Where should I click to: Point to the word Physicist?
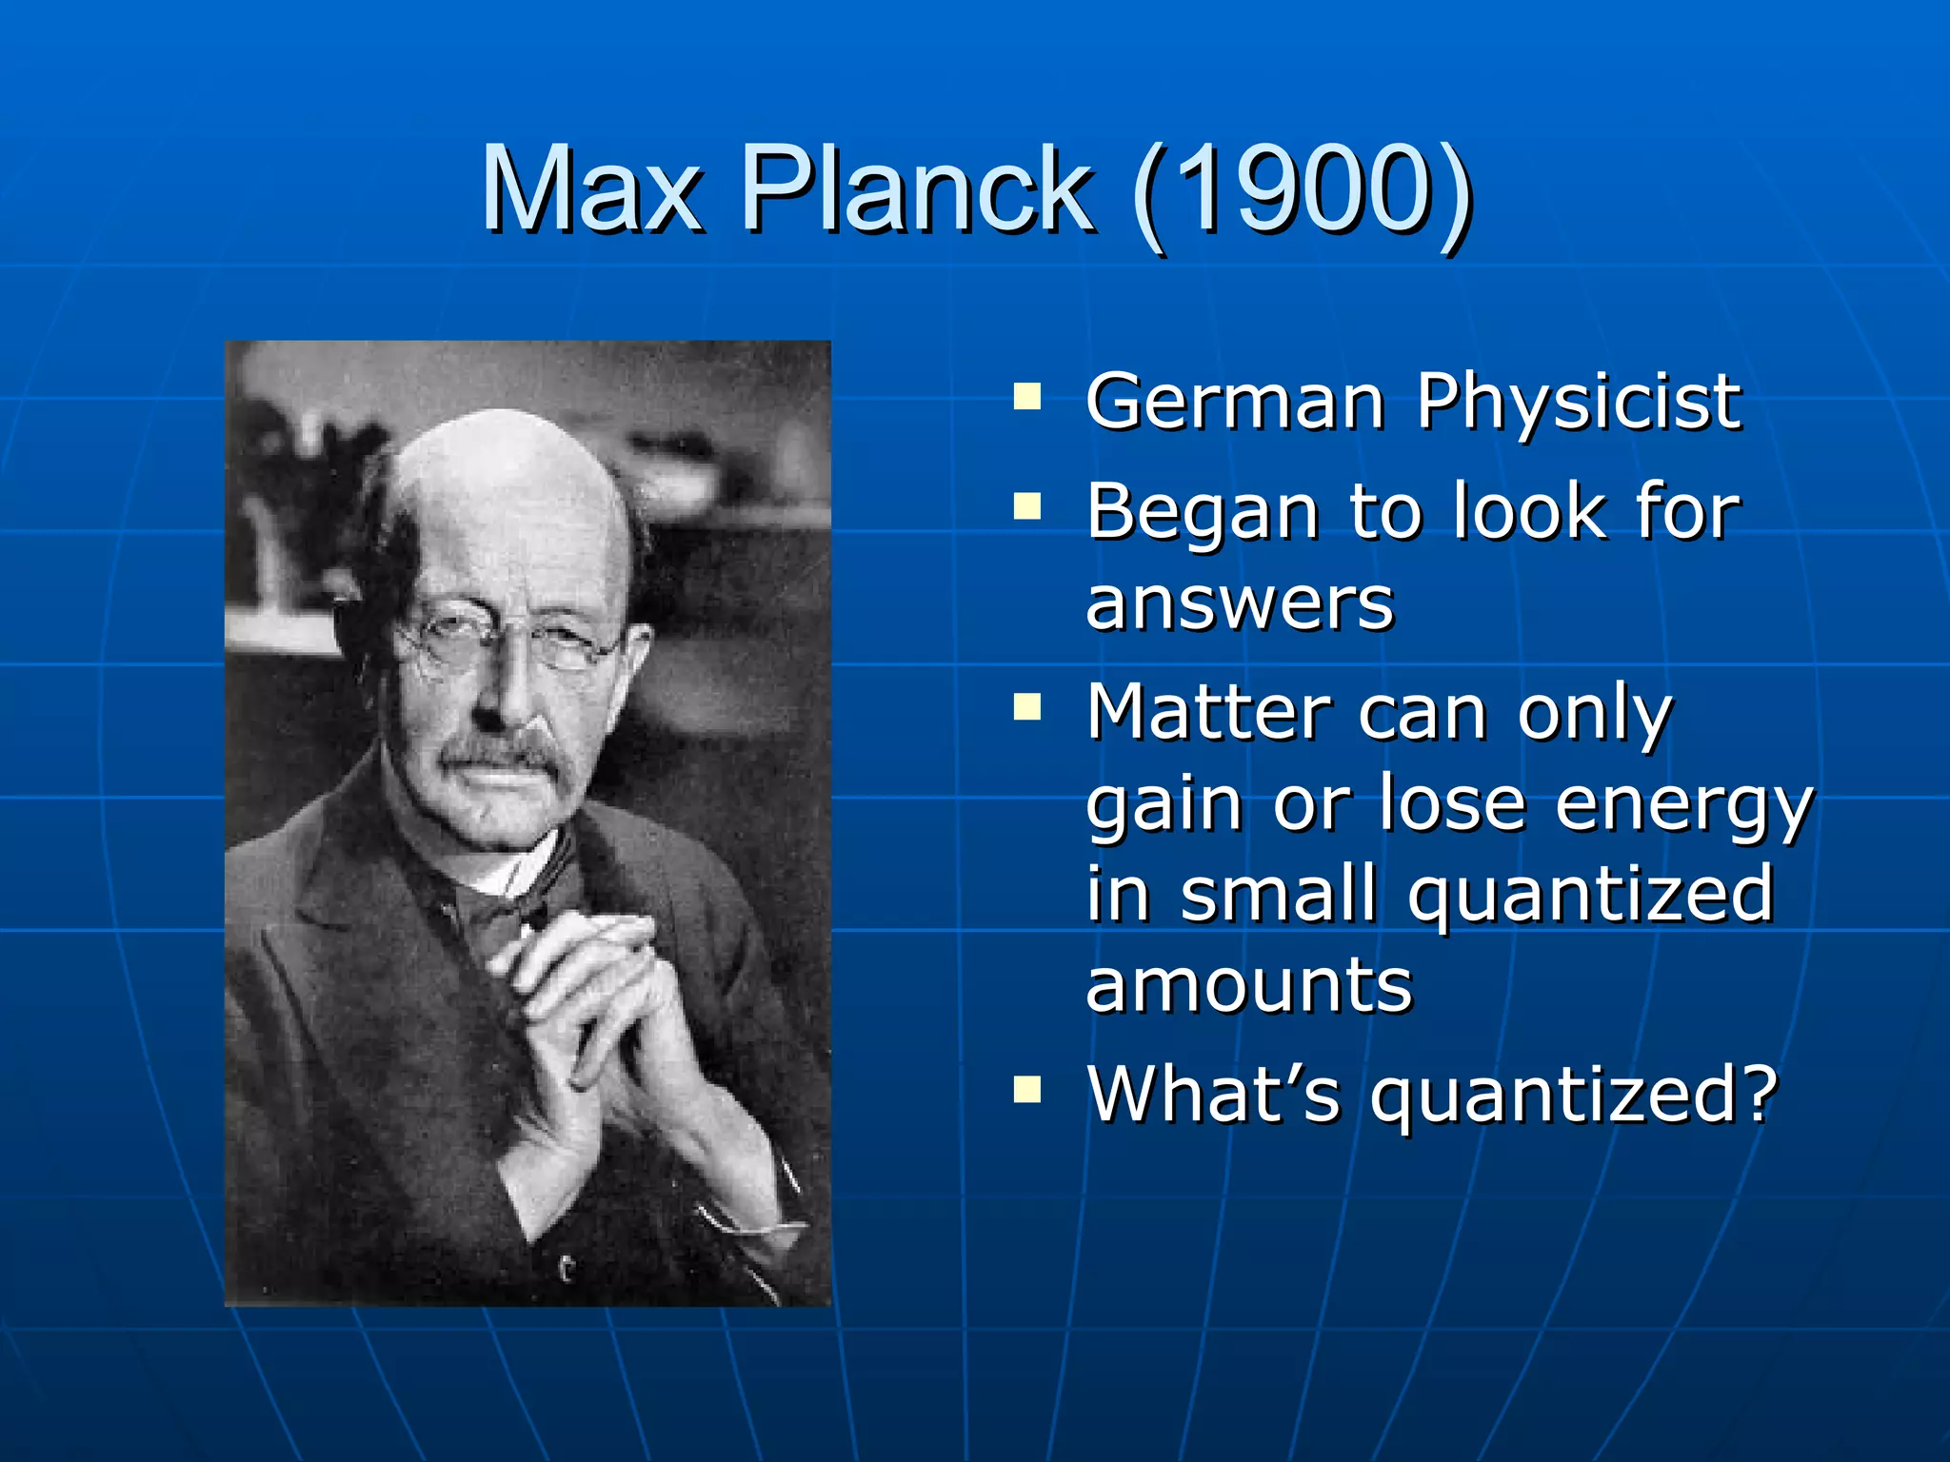(x=1579, y=404)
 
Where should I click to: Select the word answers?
(x=1240, y=603)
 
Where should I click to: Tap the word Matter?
(x=1208, y=711)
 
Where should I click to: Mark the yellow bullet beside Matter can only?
(x=1027, y=707)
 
